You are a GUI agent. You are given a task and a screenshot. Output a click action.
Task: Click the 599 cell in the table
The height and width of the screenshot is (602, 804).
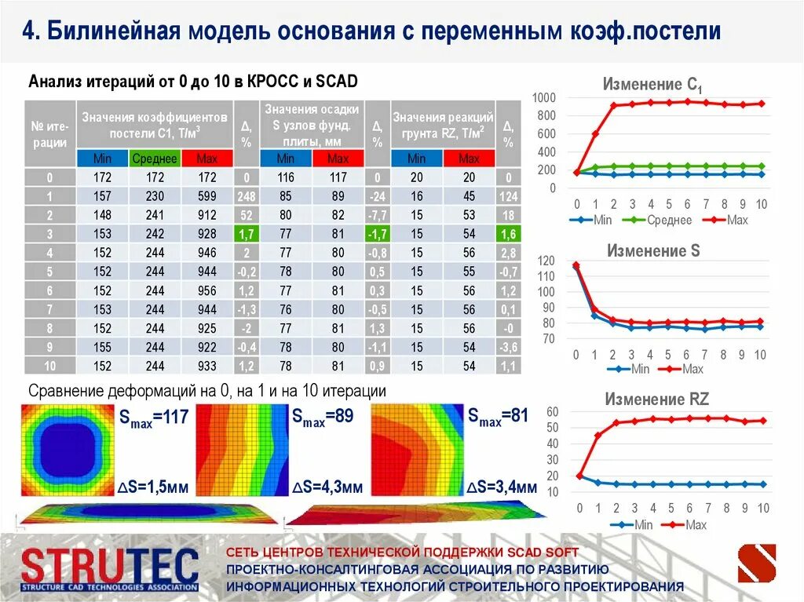207,196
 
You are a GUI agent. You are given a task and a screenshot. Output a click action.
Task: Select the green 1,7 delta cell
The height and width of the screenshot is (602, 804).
247,234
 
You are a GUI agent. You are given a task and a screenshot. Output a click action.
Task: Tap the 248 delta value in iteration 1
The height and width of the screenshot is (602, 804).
247,196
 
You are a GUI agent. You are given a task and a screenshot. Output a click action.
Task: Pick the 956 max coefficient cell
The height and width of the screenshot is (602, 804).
207,290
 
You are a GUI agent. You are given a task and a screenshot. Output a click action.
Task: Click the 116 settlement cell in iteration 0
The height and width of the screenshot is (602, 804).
285,177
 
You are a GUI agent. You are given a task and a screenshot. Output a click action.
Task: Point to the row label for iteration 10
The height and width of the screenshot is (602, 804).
49,366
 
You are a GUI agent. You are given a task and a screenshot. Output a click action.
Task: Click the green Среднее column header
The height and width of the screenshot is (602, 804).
155,159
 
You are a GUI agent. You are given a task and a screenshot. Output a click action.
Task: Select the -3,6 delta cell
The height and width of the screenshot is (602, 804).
509,347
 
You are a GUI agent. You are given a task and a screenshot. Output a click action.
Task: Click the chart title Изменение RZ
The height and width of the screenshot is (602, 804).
656,400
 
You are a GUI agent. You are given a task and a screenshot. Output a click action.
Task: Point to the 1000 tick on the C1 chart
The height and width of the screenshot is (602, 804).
543,97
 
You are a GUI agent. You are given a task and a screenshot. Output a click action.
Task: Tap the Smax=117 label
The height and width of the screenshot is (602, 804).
155,418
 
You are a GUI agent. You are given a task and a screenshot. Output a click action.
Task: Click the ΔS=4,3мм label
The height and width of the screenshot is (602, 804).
327,487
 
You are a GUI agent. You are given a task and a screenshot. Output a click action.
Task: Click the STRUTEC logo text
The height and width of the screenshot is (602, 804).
110,566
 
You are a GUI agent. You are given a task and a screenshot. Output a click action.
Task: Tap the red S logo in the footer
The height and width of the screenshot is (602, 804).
756,564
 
